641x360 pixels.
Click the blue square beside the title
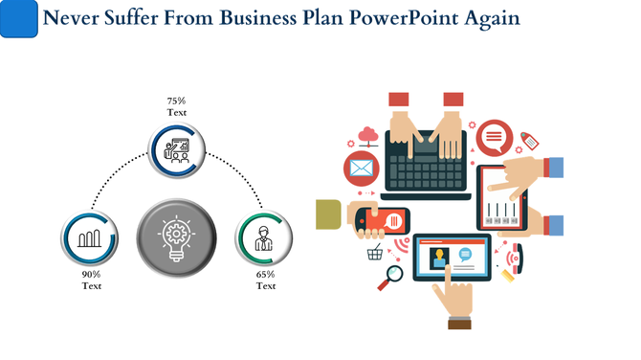click(x=19, y=19)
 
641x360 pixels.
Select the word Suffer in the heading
click(x=135, y=18)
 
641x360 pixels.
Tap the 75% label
click(x=177, y=101)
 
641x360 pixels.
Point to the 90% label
click(x=91, y=274)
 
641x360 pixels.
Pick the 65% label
click(x=266, y=274)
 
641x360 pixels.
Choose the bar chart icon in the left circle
click(x=90, y=238)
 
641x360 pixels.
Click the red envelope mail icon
click(x=362, y=169)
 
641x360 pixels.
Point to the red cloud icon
click(x=367, y=134)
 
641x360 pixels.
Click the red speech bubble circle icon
click(x=494, y=139)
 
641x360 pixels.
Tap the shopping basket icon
click(x=375, y=253)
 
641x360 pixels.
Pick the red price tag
click(x=528, y=140)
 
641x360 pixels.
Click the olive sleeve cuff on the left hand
click(x=329, y=214)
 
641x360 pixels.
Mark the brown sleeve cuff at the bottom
click(x=459, y=325)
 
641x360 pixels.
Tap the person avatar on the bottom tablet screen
click(x=441, y=259)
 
